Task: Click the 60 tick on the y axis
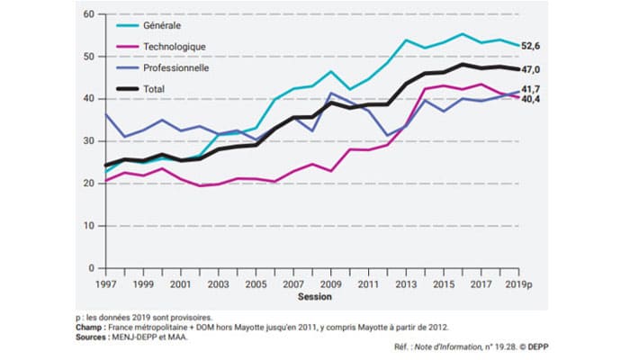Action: (x=88, y=14)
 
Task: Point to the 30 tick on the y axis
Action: (x=88, y=141)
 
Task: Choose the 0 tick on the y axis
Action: (x=92, y=268)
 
